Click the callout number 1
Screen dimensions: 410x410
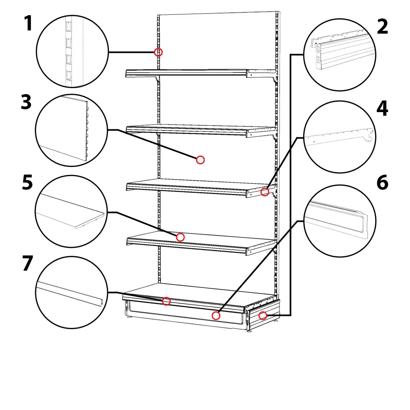[x=28, y=24]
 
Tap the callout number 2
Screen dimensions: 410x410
[x=382, y=27]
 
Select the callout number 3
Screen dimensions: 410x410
[x=26, y=103]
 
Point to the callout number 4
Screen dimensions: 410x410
[x=382, y=109]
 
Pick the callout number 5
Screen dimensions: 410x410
[x=27, y=183]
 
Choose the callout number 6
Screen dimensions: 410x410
[x=382, y=183]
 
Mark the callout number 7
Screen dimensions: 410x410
[x=27, y=264]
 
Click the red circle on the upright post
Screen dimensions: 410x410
[x=159, y=52]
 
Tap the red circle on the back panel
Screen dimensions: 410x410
[x=201, y=160]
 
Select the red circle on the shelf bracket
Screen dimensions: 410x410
[x=265, y=192]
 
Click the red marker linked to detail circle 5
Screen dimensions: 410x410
[x=180, y=237]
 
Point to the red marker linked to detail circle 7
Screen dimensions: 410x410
[x=166, y=301]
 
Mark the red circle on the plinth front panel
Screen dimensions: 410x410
[x=216, y=316]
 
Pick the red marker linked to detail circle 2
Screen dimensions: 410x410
[x=263, y=316]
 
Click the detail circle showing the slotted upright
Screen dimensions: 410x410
[x=72, y=51]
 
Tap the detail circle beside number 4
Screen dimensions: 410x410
[x=340, y=137]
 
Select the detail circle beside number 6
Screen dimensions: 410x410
[x=340, y=221]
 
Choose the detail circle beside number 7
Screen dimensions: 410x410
[x=71, y=293]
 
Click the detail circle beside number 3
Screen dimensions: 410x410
[x=71, y=131]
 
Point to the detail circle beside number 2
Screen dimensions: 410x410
[x=340, y=55]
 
